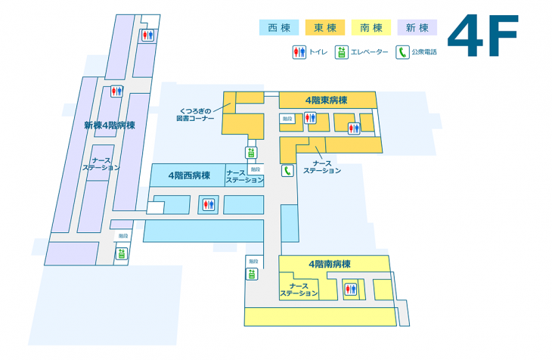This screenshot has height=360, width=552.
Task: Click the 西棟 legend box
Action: coord(280,28)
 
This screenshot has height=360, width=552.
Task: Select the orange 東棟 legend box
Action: coord(325,28)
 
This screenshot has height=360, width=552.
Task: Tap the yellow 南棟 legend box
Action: coord(371,28)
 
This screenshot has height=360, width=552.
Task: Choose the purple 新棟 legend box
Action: coord(417,28)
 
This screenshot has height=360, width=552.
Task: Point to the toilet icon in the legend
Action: coord(299,52)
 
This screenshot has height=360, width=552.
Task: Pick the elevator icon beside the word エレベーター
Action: coord(342,52)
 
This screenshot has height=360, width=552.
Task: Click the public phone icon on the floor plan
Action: coord(287,170)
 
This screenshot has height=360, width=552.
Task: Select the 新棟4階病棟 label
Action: coord(110,126)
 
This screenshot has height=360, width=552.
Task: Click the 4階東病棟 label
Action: coord(326,100)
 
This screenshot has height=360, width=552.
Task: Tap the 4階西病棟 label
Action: coord(189,176)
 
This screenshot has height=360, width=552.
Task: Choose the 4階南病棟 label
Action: coord(329,264)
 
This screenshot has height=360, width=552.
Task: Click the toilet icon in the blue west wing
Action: coord(208,203)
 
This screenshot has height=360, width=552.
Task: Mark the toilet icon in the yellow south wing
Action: coord(349,289)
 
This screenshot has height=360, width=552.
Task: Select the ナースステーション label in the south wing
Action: coord(299,290)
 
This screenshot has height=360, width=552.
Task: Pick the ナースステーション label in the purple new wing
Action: coord(101,164)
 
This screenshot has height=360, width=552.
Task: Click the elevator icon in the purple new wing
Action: coord(121,253)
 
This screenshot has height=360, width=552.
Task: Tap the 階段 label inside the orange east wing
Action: coord(287,119)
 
